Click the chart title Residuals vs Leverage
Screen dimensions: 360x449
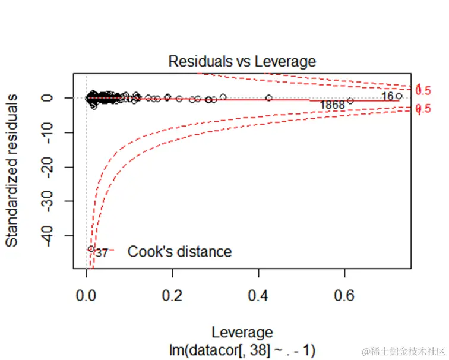[242, 61]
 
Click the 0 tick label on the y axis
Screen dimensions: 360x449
[52, 97]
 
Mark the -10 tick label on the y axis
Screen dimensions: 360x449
[52, 132]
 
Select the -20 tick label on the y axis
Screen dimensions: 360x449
[52, 167]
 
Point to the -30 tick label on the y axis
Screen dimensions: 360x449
[52, 202]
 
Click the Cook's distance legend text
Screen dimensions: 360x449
[179, 252]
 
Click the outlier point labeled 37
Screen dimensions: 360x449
[91, 249]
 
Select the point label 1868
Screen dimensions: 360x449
[332, 105]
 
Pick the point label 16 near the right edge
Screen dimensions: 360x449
[387, 96]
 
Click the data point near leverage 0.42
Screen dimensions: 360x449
[269, 98]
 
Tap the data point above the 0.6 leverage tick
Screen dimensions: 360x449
[350, 100]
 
